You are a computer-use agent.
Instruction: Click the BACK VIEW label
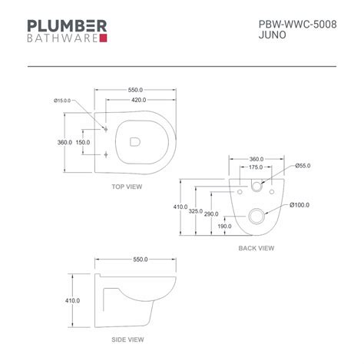[x=256, y=248]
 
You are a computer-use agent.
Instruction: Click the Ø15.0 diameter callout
[x=64, y=101]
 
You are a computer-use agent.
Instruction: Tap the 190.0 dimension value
[x=224, y=227]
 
